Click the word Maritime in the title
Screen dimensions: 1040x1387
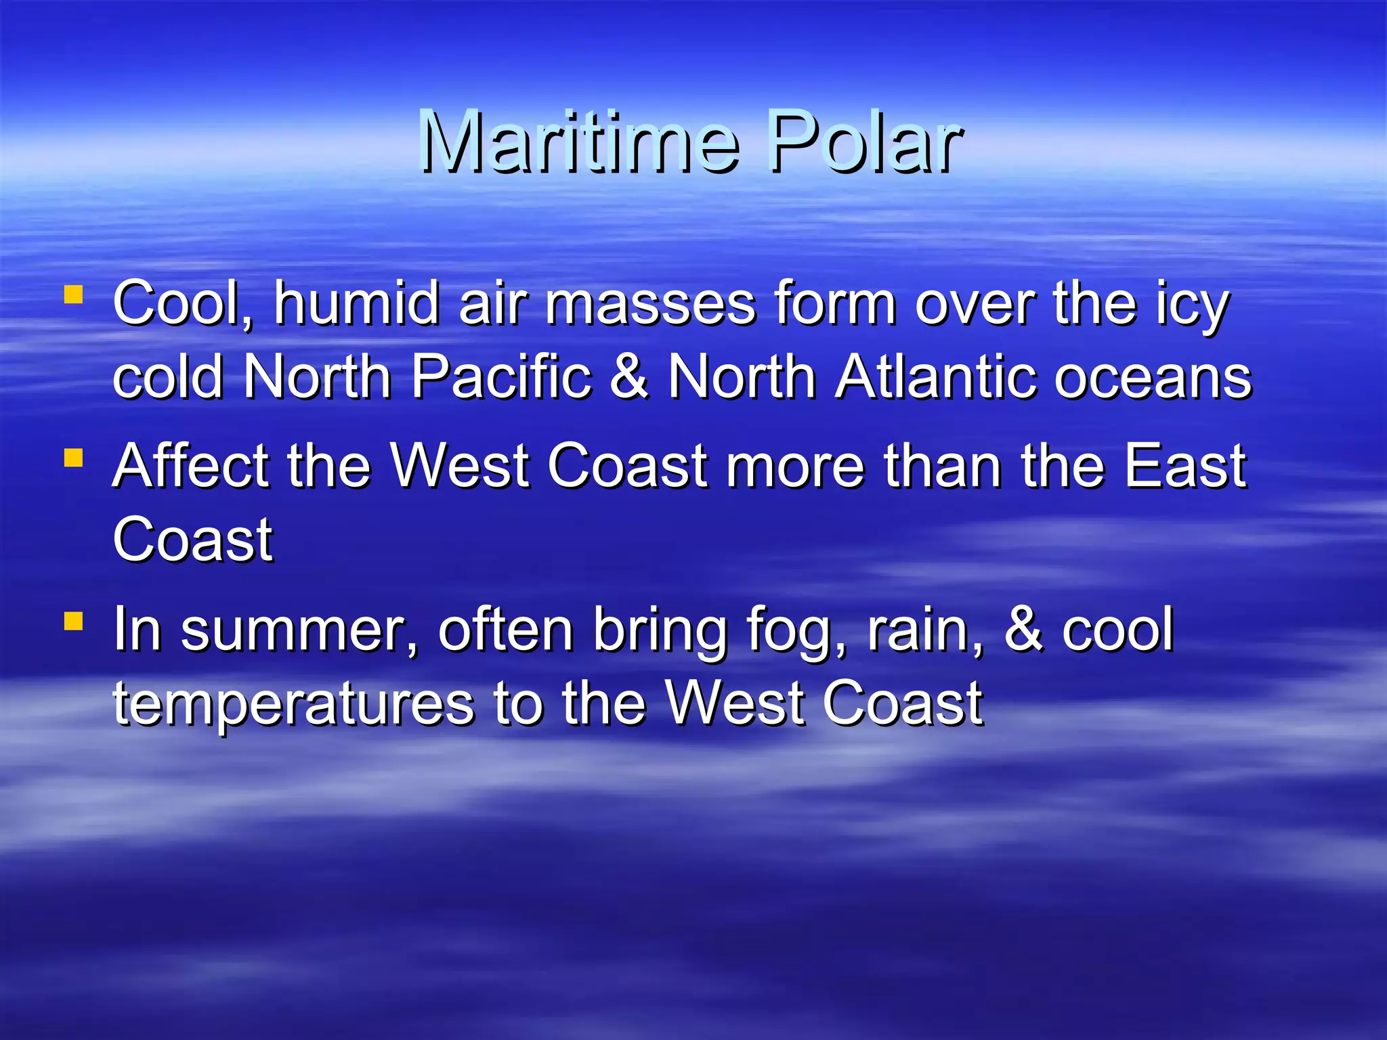(x=579, y=142)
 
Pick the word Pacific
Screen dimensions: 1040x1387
(x=502, y=376)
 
